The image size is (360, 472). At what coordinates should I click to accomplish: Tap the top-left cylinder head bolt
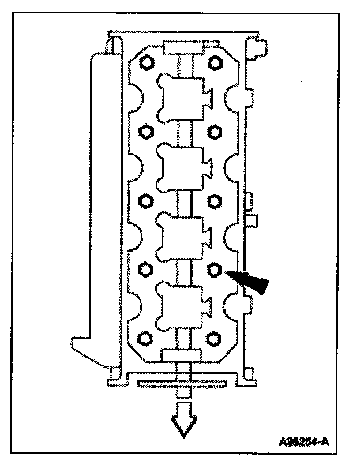[147, 62]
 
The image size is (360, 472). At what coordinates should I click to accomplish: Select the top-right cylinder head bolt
[215, 62]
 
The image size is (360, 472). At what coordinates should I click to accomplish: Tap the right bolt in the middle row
[215, 201]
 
